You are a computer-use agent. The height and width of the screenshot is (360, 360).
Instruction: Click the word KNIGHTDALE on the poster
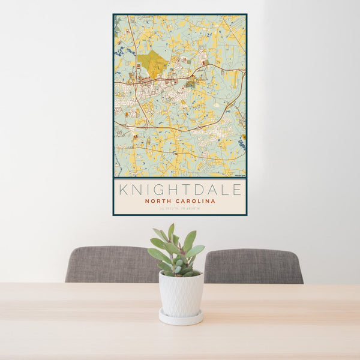pos(180,190)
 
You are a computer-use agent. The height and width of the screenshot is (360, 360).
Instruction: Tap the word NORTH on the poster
pos(158,202)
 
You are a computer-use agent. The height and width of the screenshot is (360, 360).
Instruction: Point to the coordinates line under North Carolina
pos(180,209)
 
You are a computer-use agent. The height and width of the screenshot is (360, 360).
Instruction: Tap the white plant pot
pos(181,293)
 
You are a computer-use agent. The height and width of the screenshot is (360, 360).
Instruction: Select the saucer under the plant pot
pos(181,317)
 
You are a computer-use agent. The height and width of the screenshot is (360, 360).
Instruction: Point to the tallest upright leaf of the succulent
pos(171,232)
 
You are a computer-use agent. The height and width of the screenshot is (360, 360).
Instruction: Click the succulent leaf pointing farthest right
pos(197,250)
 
